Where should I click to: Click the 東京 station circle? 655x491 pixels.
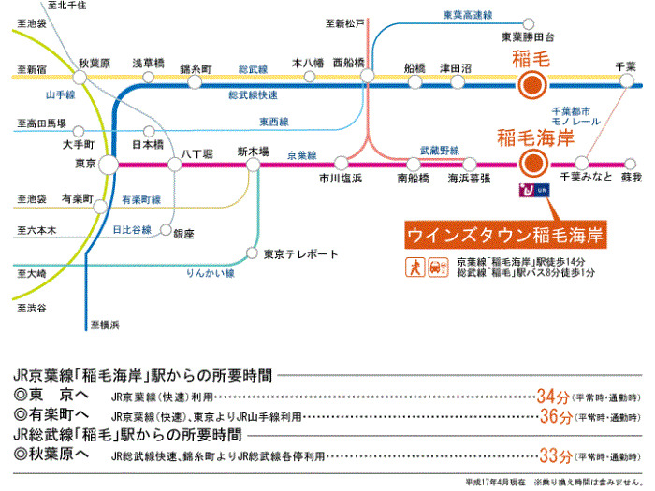[109, 164]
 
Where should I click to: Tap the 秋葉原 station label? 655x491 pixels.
[95, 63]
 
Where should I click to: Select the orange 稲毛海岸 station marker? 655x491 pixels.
[531, 164]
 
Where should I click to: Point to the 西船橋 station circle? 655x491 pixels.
[368, 78]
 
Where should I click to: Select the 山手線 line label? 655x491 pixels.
[61, 95]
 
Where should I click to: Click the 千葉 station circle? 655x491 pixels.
[625, 78]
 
